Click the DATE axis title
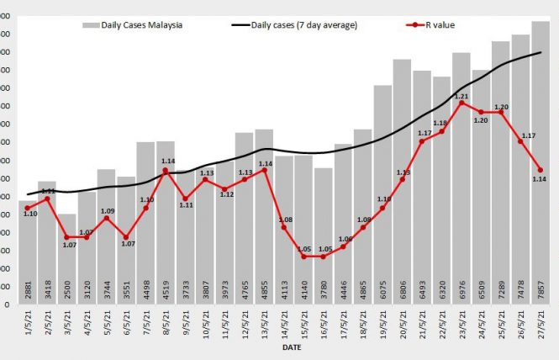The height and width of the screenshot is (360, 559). pos(293,347)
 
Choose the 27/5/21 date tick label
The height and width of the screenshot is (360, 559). pos(541,323)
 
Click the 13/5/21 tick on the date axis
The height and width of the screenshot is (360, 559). pos(265,323)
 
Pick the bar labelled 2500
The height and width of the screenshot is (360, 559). pos(67,252)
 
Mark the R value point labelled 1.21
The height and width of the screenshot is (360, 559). pos(461,103)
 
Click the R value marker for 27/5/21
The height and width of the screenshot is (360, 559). pos(540,170)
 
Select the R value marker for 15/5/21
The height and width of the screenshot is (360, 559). pos(303,257)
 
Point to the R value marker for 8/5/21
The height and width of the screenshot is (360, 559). pos(166,171)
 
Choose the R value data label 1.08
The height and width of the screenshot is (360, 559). pos(284,220)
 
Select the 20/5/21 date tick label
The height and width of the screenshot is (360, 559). pos(403,323)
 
